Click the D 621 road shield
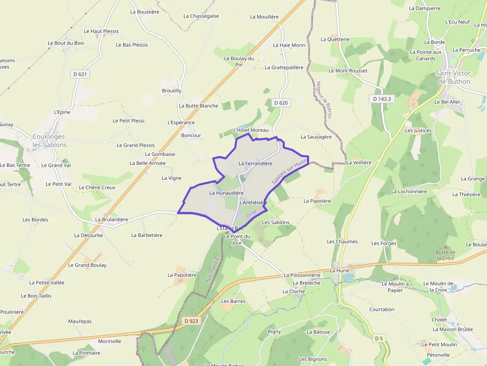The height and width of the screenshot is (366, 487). [80, 74]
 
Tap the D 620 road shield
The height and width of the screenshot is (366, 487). [281, 103]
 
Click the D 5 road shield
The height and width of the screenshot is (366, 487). [379, 338]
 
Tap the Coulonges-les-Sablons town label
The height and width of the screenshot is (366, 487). [49, 141]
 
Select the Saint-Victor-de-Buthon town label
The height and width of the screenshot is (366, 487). [453, 77]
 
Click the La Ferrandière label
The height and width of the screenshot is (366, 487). [255, 163]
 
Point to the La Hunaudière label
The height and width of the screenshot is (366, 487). [226, 193]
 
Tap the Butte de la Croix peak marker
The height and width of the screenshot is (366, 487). [446, 247]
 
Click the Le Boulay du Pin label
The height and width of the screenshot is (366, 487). [239, 61]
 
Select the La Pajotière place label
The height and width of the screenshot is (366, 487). [317, 201]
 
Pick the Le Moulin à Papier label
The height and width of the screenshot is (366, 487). [395, 287]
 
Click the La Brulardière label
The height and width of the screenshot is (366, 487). [112, 219]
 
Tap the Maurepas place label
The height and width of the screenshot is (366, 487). [80, 321]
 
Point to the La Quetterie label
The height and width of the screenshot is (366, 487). [335, 39]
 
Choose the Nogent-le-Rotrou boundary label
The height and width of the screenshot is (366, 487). [323, 99]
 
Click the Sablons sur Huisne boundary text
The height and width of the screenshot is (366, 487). [289, 172]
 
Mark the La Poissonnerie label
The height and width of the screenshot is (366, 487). [302, 275]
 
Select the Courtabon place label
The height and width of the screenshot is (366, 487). [382, 309]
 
